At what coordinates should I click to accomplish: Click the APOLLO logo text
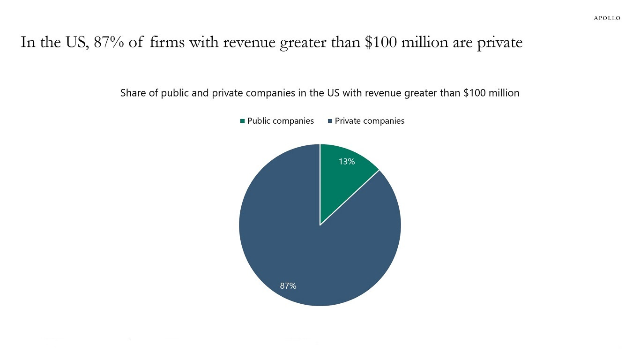click(x=607, y=18)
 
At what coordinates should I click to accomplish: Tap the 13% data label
click(x=347, y=162)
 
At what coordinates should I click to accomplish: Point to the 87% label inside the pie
click(x=288, y=285)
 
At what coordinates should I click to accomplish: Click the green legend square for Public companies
click(x=242, y=121)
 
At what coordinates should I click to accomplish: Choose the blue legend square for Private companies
click(x=330, y=121)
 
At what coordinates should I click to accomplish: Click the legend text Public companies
click(x=280, y=121)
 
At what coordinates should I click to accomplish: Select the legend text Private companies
click(x=369, y=121)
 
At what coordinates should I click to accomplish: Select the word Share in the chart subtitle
click(x=133, y=93)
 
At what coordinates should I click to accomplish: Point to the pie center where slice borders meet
click(x=320, y=225)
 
